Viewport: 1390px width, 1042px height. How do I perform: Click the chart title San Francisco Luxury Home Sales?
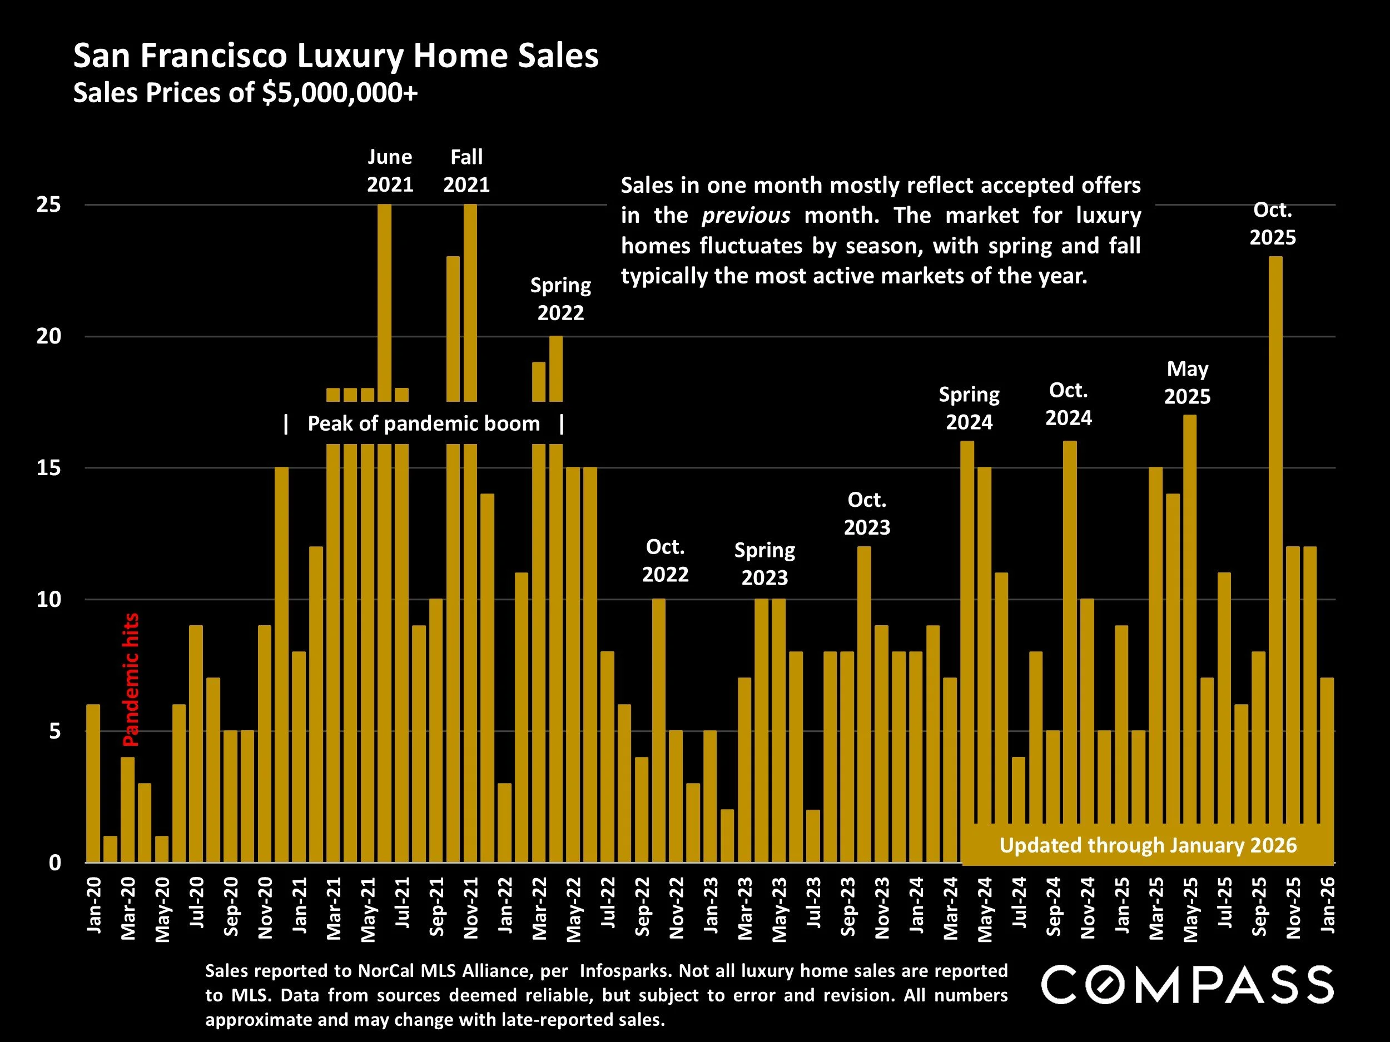click(336, 56)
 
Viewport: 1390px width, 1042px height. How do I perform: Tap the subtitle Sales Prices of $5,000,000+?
click(245, 93)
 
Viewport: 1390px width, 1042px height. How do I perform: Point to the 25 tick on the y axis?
click(49, 205)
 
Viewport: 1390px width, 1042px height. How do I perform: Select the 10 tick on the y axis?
click(49, 599)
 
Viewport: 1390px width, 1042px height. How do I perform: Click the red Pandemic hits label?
click(131, 680)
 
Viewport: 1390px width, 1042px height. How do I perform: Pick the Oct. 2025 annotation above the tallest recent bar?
click(1272, 223)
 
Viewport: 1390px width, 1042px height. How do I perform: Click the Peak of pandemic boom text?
click(424, 424)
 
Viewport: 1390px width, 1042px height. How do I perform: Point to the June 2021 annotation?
click(390, 171)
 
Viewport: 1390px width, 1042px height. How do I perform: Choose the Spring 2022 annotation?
click(560, 299)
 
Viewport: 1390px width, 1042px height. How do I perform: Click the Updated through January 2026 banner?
click(1148, 845)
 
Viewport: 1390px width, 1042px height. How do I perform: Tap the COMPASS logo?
click(1187, 985)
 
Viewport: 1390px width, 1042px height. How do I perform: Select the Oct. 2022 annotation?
click(665, 561)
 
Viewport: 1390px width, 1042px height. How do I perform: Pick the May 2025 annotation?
click(1187, 382)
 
